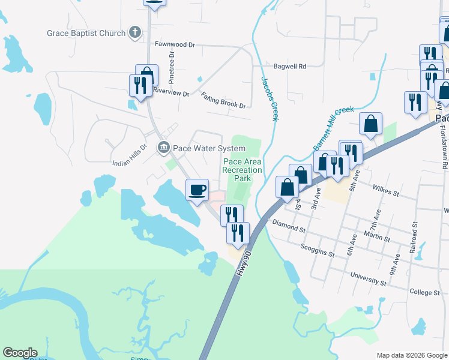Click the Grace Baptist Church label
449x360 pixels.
[86, 34]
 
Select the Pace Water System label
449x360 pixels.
[209, 148]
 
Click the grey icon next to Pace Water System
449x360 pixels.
[163, 148]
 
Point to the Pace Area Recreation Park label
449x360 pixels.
[243, 170]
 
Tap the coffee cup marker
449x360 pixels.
[197, 190]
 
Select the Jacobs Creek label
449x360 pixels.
[269, 98]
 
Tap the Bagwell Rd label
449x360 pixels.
[290, 66]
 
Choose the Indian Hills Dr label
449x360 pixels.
[130, 154]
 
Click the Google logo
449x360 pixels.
[20, 353]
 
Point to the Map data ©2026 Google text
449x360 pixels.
[411, 355]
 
